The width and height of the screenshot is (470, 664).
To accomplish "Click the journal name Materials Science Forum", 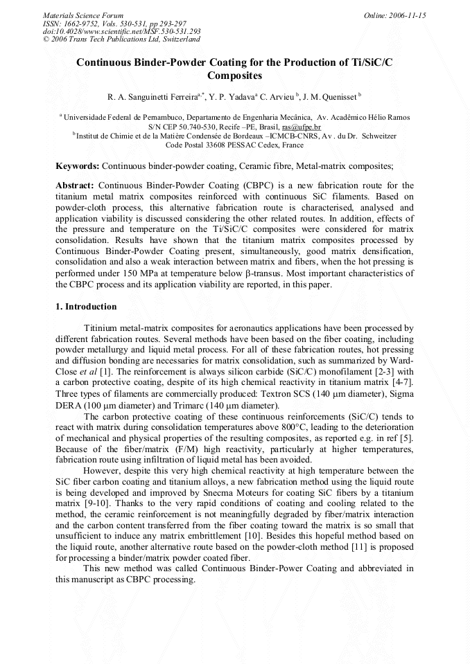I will coord(83,15).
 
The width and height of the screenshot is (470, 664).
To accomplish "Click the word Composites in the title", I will coord(234,75).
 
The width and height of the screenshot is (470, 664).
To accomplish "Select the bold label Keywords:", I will coord(77,166).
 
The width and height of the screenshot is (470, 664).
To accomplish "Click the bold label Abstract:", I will coord(75,186).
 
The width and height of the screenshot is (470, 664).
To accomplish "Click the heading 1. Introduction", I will coord(86,306).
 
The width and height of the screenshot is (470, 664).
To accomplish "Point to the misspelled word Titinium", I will coord(101,327).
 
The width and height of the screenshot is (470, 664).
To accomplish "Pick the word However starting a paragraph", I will coord(102,472).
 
